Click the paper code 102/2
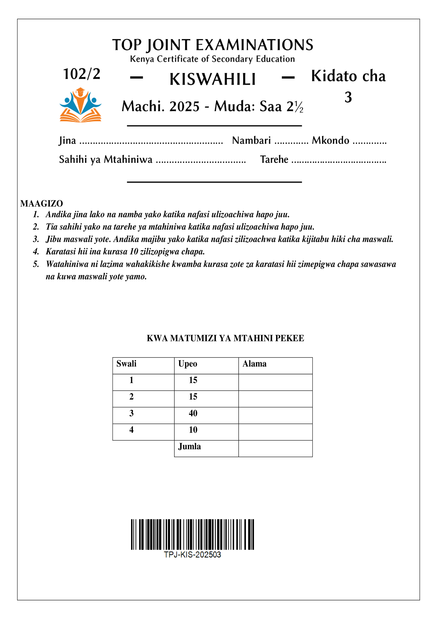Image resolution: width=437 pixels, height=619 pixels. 82,74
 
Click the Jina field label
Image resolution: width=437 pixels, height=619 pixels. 67,140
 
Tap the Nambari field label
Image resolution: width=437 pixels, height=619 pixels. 251,140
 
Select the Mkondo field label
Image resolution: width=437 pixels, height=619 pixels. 330,140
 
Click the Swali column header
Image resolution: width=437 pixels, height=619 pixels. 126,364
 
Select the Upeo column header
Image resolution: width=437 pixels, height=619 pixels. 188,364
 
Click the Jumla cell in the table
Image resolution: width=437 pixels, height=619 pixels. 190,446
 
